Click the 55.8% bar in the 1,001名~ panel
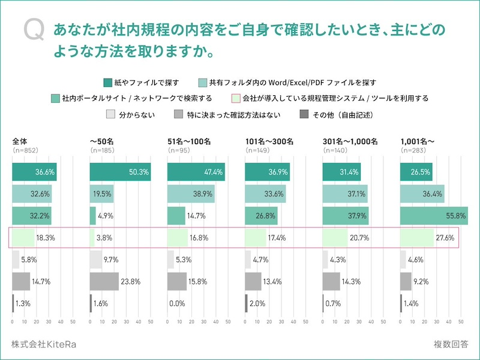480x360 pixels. [433, 215]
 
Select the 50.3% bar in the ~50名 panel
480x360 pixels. [120, 172]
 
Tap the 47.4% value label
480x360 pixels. [214, 172]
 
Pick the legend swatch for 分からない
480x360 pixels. [110, 114]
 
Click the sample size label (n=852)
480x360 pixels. [25, 150]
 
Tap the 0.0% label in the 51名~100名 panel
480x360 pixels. [177, 304]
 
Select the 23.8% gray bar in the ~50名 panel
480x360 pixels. [104, 281]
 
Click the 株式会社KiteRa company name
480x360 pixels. [43, 344]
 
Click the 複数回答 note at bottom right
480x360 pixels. [451, 344]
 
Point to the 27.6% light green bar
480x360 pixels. [416, 238]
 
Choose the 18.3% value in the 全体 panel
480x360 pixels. [45, 238]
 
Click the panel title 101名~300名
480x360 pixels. [269, 142]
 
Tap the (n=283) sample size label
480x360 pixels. [413, 150]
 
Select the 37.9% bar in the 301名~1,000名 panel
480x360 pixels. [345, 215]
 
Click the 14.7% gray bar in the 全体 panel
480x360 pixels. [21, 281]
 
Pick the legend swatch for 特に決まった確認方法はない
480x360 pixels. [178, 114]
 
